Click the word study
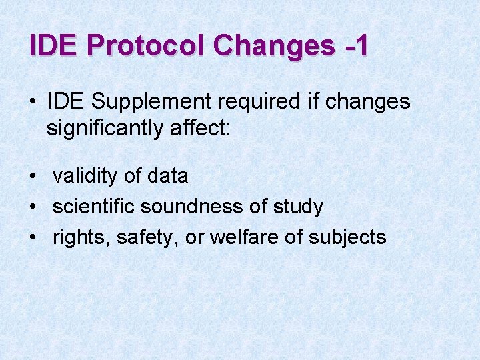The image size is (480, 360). click(298, 207)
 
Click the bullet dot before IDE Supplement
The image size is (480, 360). click(33, 103)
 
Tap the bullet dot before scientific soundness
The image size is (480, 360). click(33, 207)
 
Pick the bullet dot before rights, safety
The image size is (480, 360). click(33, 238)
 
